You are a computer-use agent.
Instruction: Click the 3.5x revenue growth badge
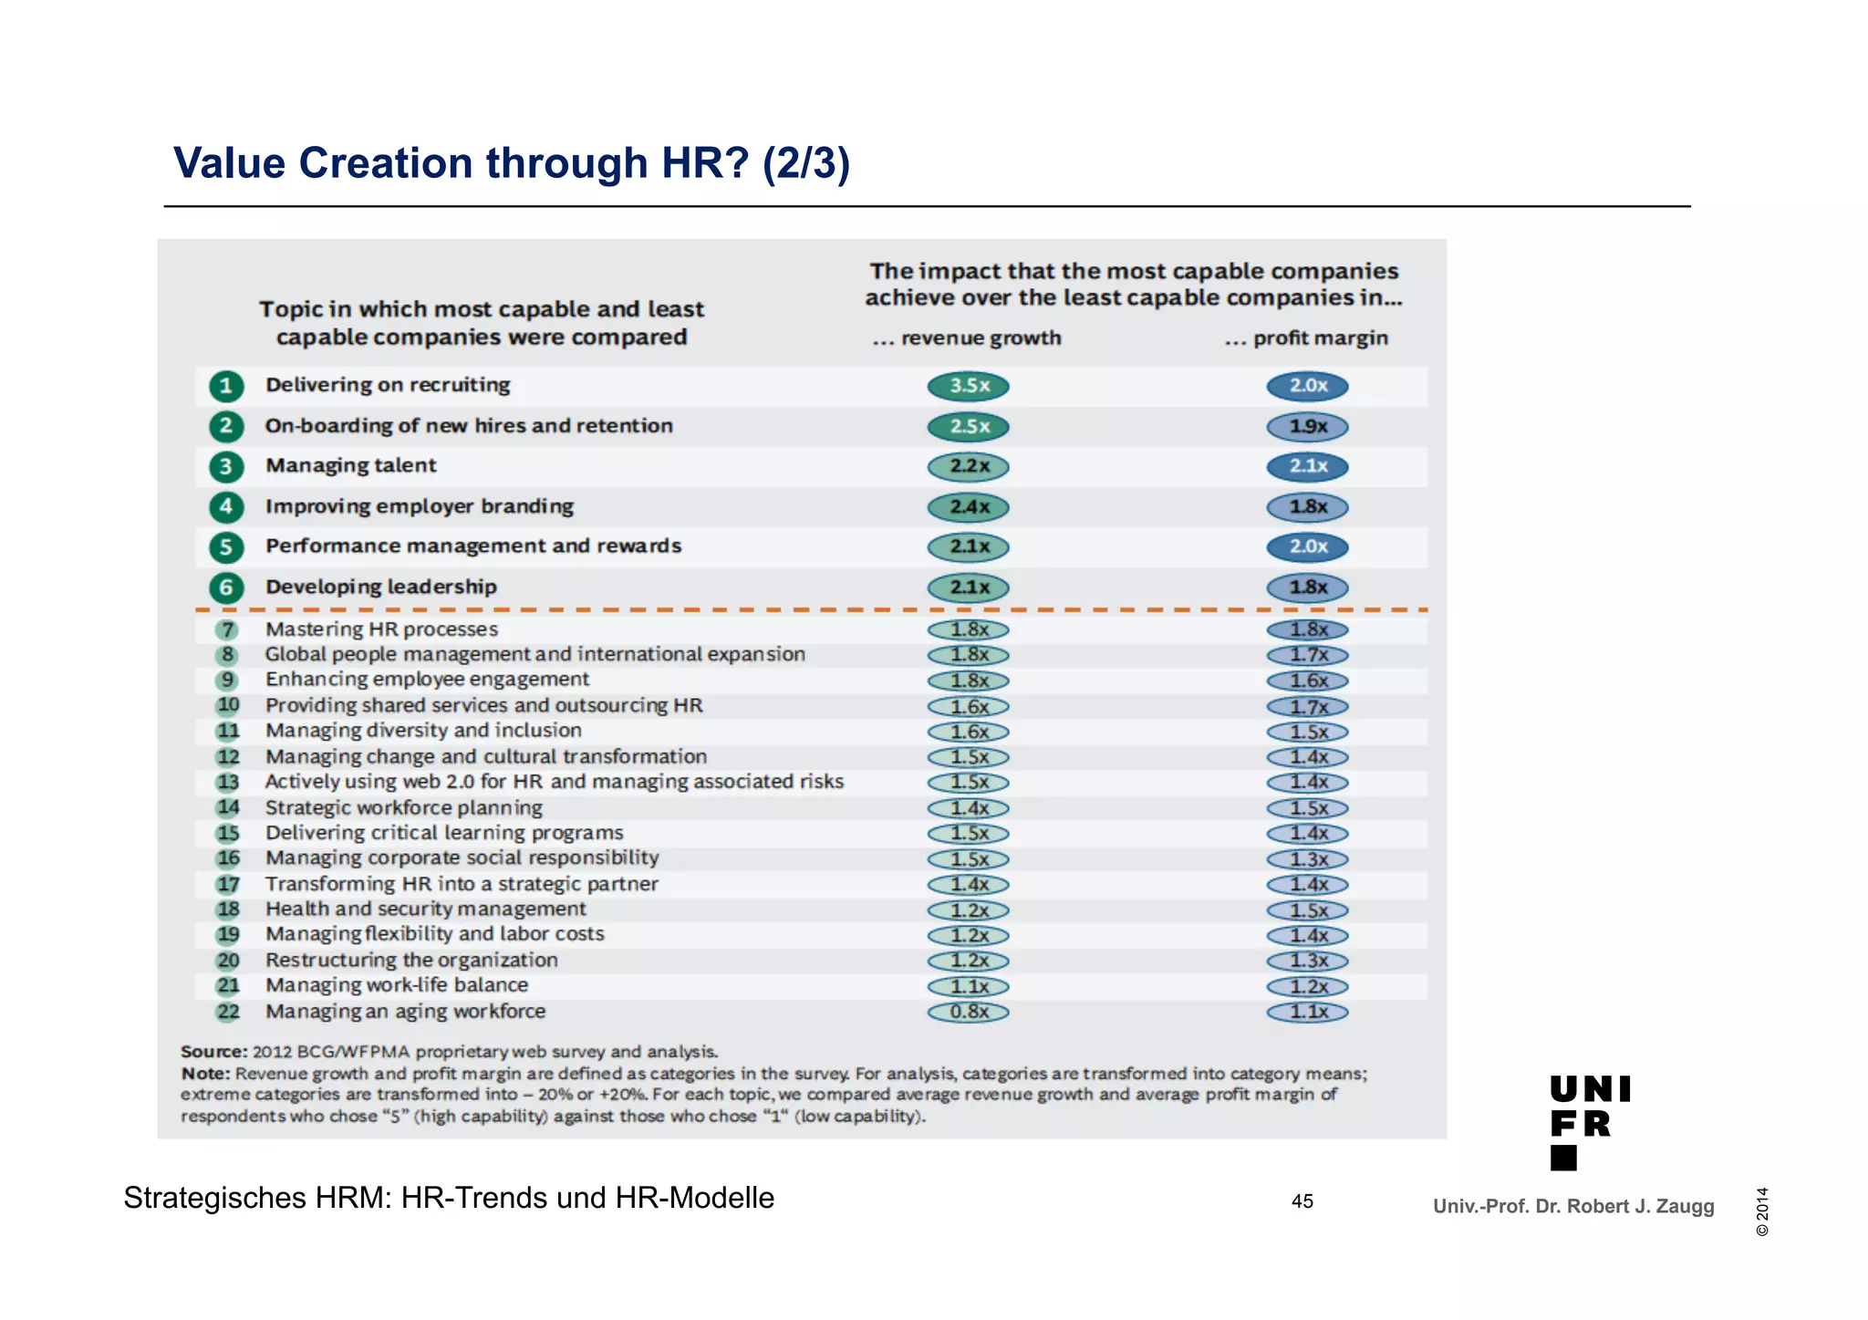pos(969,386)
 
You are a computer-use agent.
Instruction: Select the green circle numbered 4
pos(226,507)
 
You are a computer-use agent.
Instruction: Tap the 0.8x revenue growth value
pos(969,1012)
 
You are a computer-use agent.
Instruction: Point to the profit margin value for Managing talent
pos(1307,467)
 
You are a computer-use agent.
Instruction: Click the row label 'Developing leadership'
pos(381,587)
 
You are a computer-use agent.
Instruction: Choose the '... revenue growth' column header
pos(968,338)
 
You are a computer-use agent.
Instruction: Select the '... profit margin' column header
pos(1306,338)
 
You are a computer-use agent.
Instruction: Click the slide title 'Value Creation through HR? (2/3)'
pos(512,164)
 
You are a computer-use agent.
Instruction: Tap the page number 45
pos(1302,1201)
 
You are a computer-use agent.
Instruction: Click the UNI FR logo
pos(1590,1122)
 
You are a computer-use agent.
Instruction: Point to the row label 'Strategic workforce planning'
pos(404,807)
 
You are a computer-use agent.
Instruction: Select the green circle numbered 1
pos(226,386)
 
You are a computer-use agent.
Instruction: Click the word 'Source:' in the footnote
pos(214,1052)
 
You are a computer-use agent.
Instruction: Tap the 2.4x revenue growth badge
pos(969,507)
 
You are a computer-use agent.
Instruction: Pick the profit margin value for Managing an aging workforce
pos(1307,1012)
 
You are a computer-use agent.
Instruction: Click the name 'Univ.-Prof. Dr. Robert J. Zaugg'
pos(1573,1206)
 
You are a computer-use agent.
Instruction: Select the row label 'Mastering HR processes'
pos(382,629)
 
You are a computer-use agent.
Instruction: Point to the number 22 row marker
pos(228,1012)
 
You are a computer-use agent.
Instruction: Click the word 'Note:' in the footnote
pos(205,1074)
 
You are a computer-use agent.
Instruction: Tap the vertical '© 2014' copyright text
pos(1762,1211)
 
